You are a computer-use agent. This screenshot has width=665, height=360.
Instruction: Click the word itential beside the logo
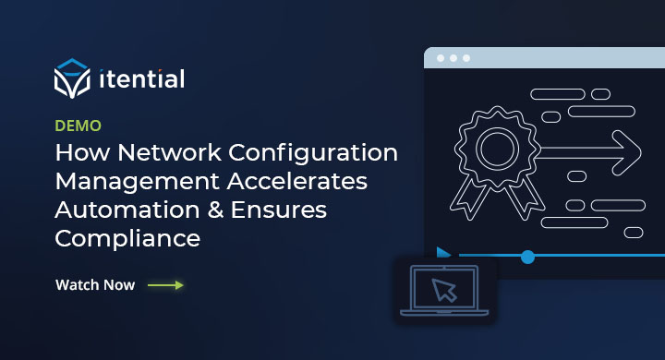click(141, 79)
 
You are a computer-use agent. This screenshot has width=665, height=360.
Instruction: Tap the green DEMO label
click(79, 126)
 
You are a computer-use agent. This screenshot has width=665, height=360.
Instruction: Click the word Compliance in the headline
click(128, 238)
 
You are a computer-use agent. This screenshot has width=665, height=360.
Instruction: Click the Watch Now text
click(95, 285)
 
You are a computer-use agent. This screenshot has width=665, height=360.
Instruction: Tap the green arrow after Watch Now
click(165, 285)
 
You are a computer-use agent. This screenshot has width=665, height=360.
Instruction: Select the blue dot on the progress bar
click(527, 256)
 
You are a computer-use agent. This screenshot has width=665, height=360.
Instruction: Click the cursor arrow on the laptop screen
click(446, 291)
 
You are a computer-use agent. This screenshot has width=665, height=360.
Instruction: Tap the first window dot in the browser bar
click(441, 58)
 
